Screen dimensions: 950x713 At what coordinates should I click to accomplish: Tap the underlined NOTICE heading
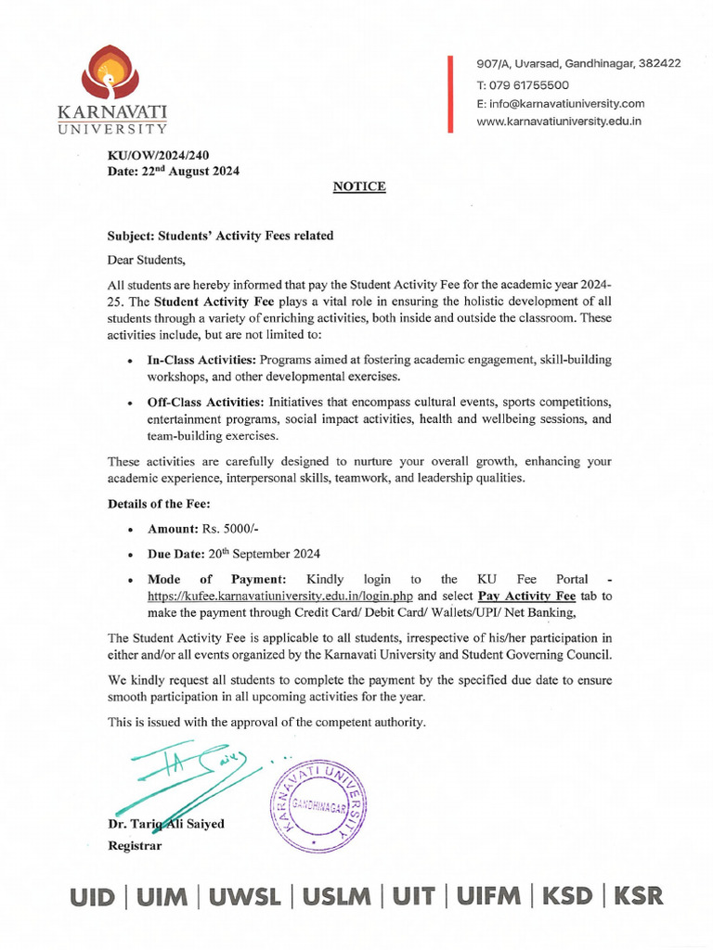tap(359, 186)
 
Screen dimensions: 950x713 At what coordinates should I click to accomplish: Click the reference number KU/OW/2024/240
tap(160, 157)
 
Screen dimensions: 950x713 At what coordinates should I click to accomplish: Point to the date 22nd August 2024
tap(175, 172)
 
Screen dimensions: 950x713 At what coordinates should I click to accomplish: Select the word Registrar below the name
tap(136, 845)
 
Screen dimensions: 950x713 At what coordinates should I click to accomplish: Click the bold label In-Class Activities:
tap(201, 359)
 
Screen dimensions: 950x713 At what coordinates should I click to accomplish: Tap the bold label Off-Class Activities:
tap(206, 403)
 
